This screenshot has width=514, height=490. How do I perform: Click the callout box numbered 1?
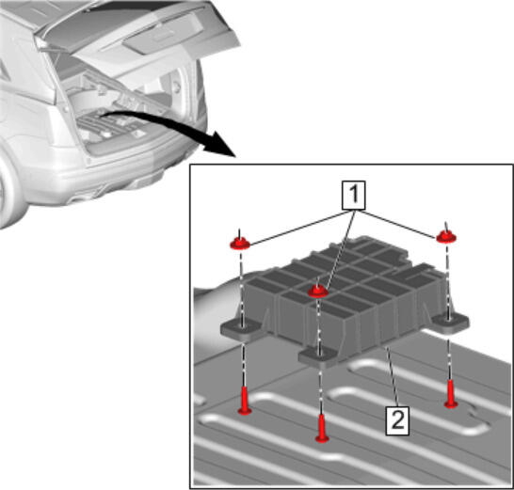(x=354, y=195)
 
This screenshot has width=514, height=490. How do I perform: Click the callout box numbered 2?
(x=397, y=420)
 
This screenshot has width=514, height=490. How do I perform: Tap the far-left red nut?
(x=240, y=244)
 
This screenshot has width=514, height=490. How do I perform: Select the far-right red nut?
(x=446, y=236)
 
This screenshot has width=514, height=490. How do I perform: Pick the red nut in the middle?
(x=317, y=291)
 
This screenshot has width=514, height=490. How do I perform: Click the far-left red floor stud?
(x=244, y=401)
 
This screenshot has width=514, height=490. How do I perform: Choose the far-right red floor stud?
(x=451, y=394)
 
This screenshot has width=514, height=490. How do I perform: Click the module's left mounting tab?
(x=242, y=329)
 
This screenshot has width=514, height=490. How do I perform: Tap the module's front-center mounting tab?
(x=318, y=357)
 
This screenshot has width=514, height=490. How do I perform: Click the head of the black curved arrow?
(x=220, y=144)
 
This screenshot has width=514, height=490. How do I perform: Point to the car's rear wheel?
(x=9, y=193)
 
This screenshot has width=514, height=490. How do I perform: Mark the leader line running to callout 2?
(x=393, y=377)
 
